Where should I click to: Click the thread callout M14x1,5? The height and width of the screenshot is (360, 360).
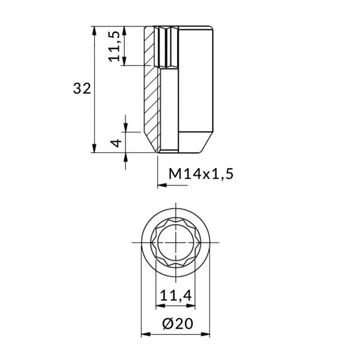coord(200,174)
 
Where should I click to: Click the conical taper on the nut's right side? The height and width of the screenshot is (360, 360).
coord(204,142)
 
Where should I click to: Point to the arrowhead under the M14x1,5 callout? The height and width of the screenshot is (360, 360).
coord(161,187)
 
